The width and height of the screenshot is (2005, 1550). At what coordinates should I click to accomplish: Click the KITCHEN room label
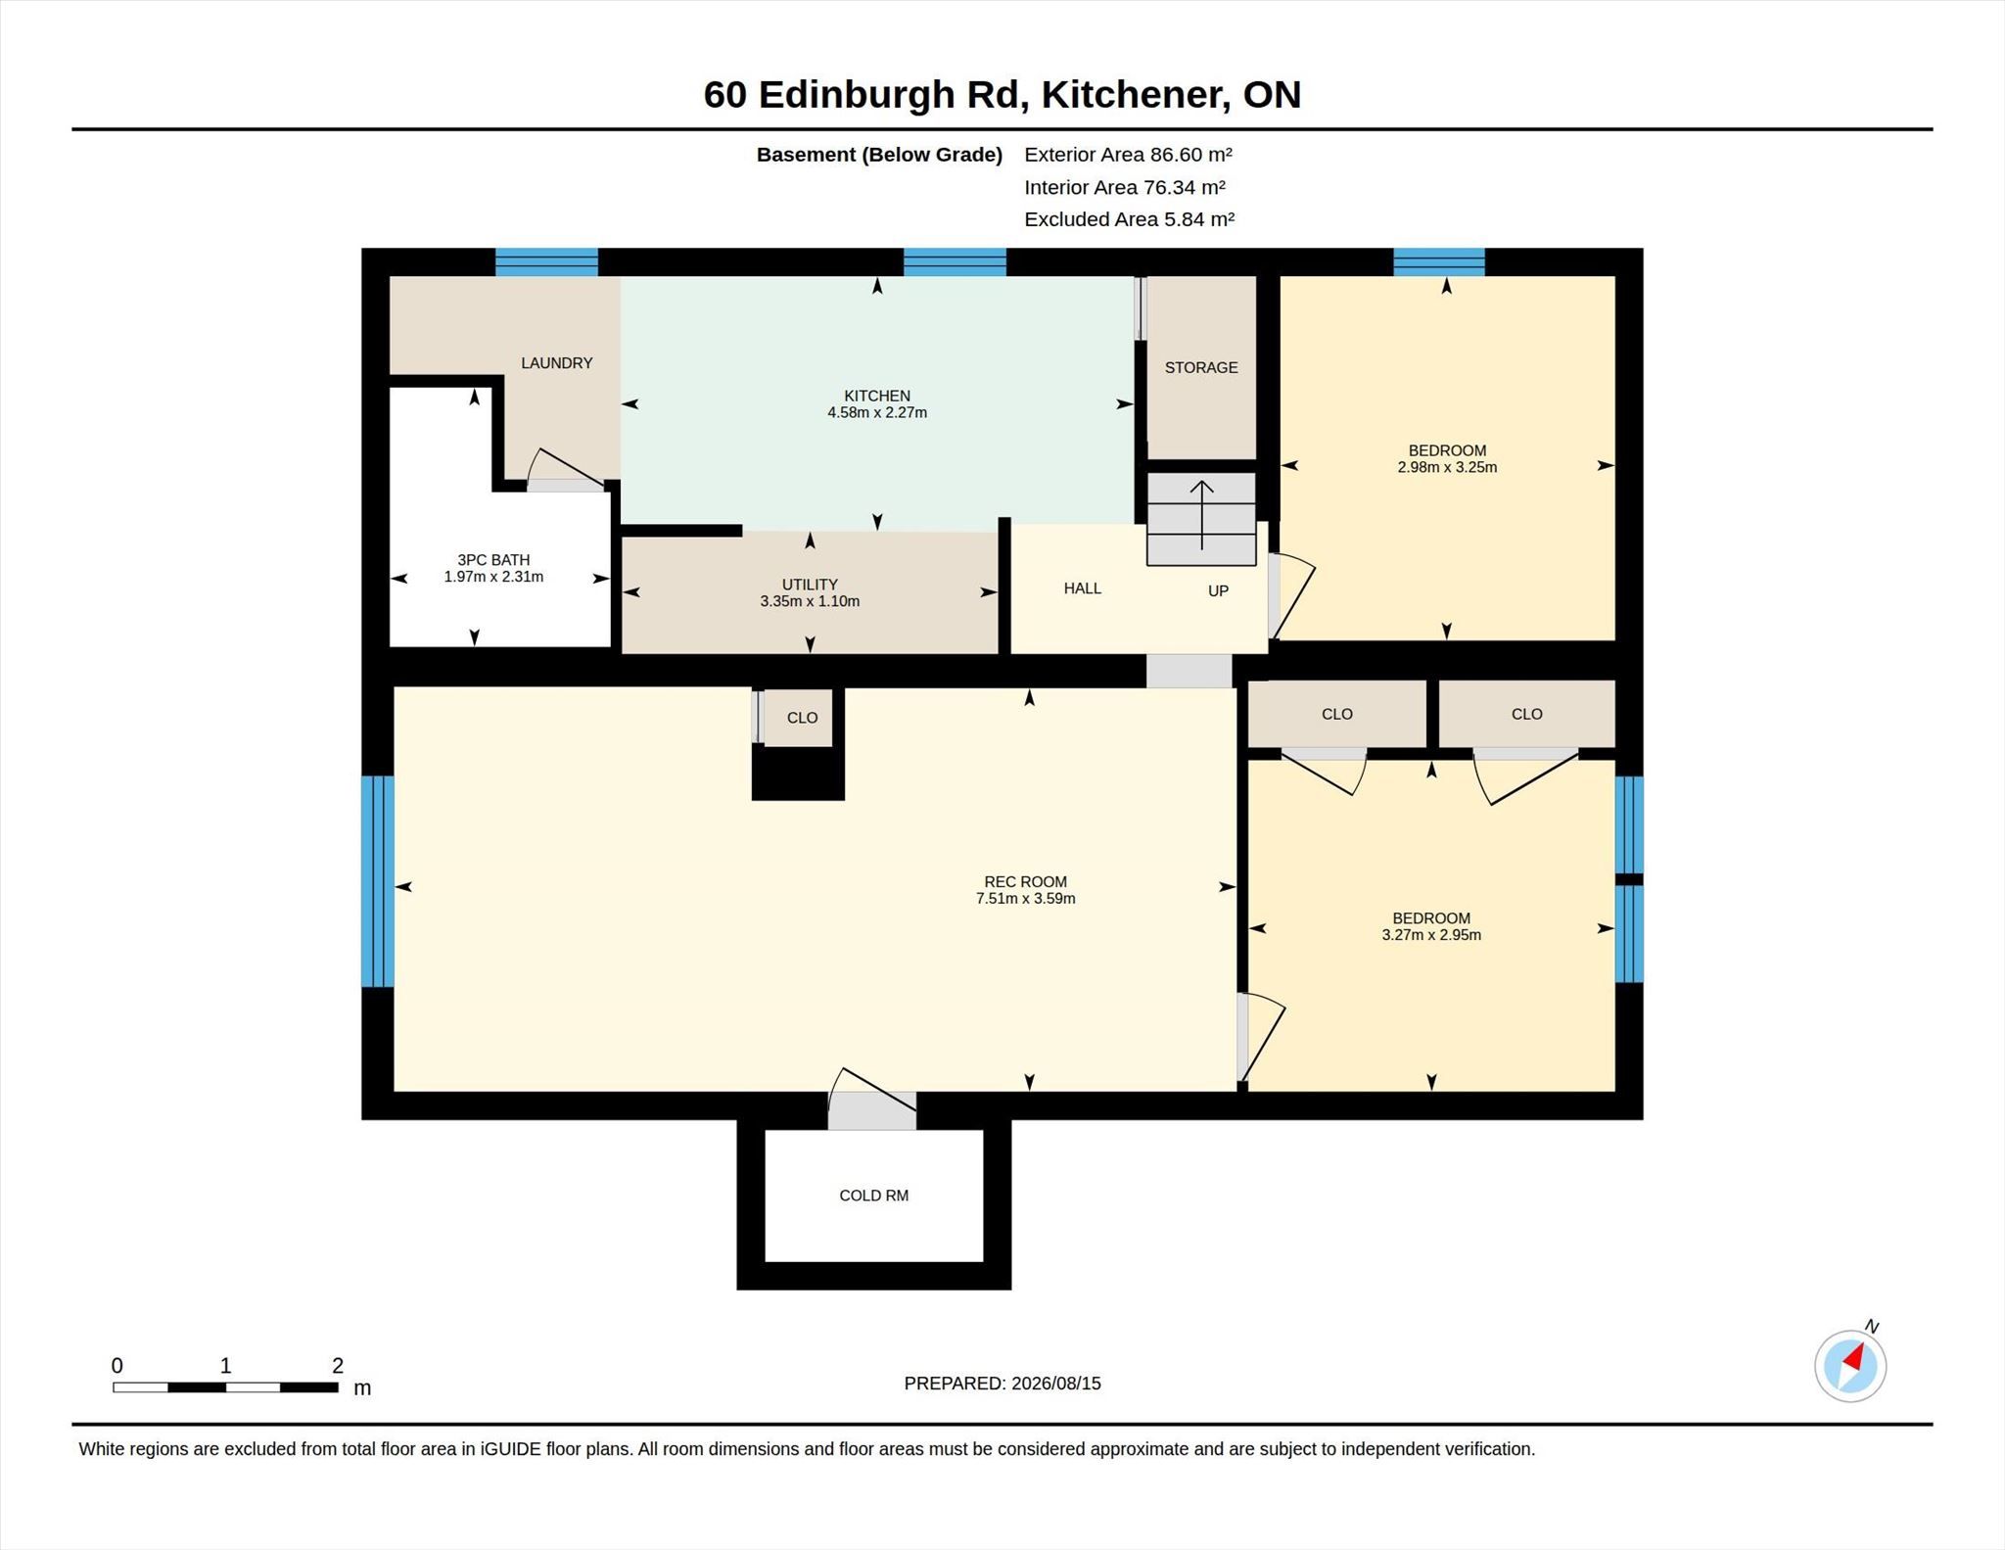[877, 396]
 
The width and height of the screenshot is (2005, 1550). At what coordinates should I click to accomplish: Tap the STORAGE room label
[1201, 367]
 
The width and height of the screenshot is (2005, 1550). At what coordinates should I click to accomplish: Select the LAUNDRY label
[556, 363]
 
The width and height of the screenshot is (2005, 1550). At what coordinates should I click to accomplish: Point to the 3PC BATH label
[493, 560]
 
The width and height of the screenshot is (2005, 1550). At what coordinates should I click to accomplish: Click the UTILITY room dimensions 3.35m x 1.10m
[810, 601]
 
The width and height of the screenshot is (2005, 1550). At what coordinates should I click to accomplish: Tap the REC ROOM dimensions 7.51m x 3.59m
[1025, 898]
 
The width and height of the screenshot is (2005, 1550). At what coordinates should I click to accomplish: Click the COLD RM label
[873, 1196]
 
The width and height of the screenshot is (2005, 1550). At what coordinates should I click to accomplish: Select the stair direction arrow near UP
[1201, 515]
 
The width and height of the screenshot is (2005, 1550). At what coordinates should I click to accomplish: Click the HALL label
[1083, 588]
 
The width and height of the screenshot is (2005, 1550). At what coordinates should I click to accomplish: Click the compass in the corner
[1850, 1366]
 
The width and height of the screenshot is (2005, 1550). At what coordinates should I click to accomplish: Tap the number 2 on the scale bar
[338, 1365]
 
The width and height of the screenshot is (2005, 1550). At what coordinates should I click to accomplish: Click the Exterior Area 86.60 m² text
[1128, 154]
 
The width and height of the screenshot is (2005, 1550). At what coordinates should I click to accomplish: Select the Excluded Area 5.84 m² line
[1129, 219]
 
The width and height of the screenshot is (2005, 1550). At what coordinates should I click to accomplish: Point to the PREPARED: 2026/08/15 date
[1002, 1384]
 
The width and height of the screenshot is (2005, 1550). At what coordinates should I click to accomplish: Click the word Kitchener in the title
[1132, 94]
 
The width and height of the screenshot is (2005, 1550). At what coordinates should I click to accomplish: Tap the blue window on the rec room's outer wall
[378, 881]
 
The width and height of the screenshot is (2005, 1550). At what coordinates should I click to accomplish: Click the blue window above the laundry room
[546, 262]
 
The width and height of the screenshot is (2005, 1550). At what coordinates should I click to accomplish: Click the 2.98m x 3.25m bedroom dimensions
[1447, 467]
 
